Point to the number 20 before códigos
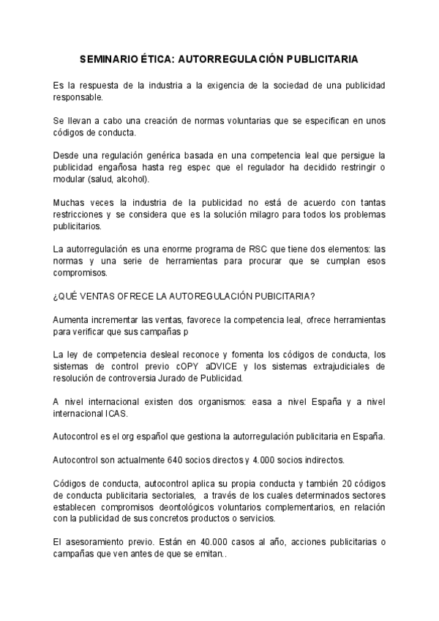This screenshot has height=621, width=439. coord(329,483)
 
